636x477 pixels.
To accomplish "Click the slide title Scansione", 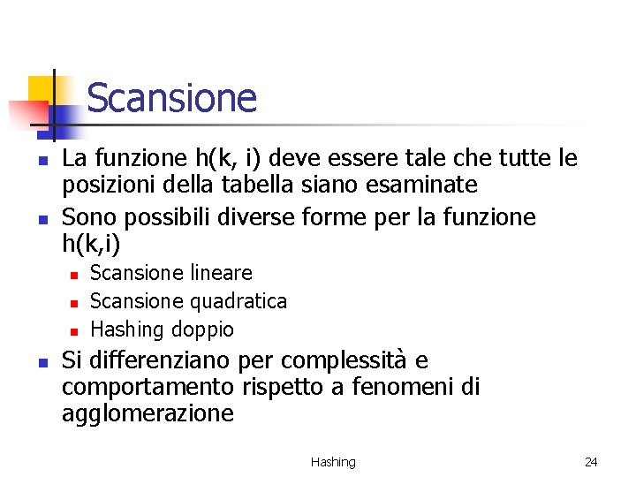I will pos(171,98).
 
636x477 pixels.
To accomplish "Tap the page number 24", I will pos(591,462).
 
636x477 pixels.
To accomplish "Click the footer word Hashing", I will pos(333,462).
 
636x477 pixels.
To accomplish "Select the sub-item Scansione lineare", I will pos(171,273).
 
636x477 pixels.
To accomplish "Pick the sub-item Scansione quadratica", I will pos(188,301).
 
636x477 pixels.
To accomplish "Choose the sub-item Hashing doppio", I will pos(163,329).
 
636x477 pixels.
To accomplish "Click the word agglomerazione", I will pos(148,413).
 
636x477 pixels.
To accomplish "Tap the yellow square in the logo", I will pos(41,89).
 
